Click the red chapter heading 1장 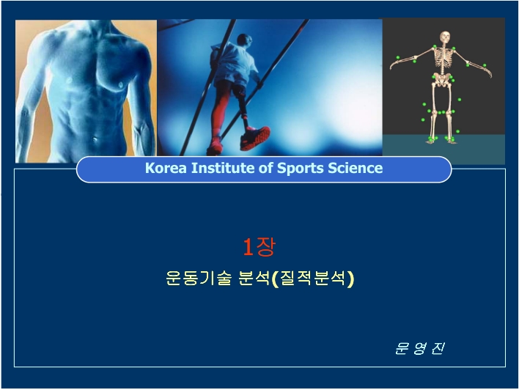pos(259,247)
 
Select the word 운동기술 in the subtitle pos(198,278)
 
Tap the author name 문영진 pos(420,348)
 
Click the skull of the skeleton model pos(444,37)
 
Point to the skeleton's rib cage pos(443,56)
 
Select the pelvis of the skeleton pos(442,80)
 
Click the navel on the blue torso pos(95,140)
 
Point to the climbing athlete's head pos(245,40)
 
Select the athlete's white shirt pos(235,64)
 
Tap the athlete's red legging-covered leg pos(219,109)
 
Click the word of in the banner pos(266,168)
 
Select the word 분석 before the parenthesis pos(254,278)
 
